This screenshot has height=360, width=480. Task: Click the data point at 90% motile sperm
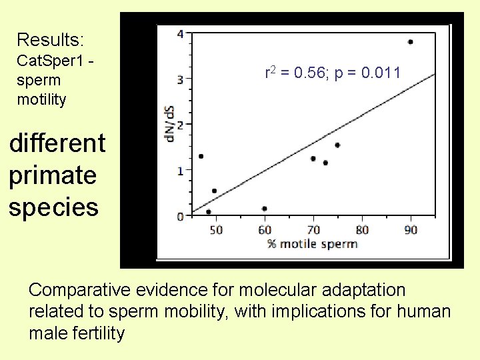click(x=410, y=42)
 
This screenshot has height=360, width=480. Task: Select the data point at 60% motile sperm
click(x=265, y=209)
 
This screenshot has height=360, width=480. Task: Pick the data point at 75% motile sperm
click(x=337, y=145)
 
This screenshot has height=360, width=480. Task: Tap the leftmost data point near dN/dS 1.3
click(x=201, y=156)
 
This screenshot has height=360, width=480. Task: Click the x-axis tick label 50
click(x=216, y=230)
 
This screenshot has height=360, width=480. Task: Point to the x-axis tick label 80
click(x=362, y=230)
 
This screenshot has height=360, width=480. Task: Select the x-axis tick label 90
click(x=411, y=230)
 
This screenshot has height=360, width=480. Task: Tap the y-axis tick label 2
click(x=180, y=125)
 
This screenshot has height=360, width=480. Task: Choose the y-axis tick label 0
click(x=180, y=217)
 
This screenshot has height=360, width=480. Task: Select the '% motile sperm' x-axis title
click(x=312, y=243)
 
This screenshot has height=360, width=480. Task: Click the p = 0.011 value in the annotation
click(x=367, y=73)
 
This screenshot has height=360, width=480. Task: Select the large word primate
click(x=53, y=175)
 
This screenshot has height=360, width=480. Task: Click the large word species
click(x=54, y=207)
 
